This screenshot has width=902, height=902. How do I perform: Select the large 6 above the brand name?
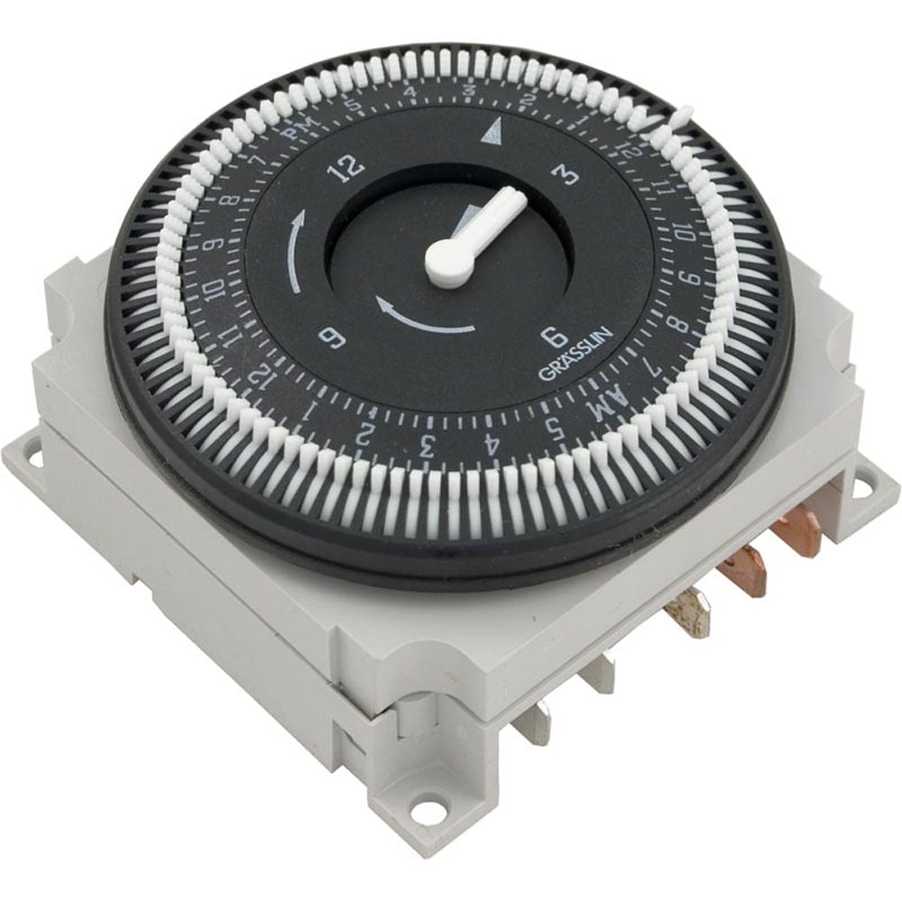click(x=553, y=336)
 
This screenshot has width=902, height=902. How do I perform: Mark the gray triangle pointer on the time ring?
click(x=490, y=134)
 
